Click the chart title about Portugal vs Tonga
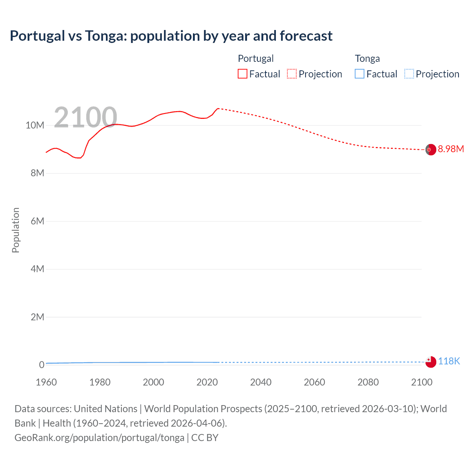tap(171, 36)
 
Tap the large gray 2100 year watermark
tap(86, 117)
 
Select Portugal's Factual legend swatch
tap(243, 74)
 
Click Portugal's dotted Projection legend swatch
tap(292, 74)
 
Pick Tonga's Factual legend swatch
tap(360, 74)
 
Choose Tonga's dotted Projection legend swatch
tap(409, 74)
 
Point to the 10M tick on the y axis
tap(35, 126)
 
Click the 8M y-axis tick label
tap(37, 173)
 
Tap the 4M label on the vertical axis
tap(37, 269)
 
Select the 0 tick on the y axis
tap(41, 365)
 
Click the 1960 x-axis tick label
tap(46, 382)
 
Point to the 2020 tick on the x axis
tap(207, 382)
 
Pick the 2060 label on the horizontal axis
tap(314, 382)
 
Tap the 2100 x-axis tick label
tap(422, 382)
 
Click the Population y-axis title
tap(16, 230)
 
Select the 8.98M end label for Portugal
tap(451, 149)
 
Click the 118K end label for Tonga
tap(449, 361)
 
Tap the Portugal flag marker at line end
tap(431, 150)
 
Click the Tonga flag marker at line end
tap(431, 362)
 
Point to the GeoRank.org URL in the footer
tap(99, 438)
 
